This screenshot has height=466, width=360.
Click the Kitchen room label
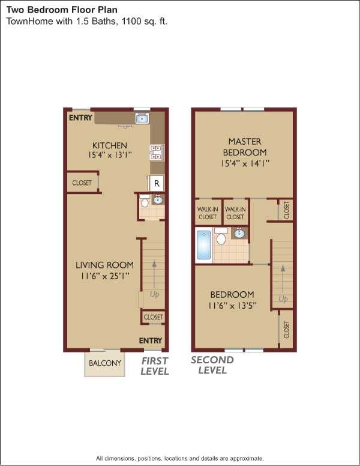tap(109, 145)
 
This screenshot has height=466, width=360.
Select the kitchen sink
tap(142, 118)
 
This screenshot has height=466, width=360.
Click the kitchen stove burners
tap(155, 153)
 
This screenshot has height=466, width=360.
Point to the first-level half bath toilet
tap(144, 203)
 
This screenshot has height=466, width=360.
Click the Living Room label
tap(104, 265)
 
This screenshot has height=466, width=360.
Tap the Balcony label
tap(105, 363)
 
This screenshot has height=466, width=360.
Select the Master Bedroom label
tap(245, 147)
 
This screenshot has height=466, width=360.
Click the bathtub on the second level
tap(203, 246)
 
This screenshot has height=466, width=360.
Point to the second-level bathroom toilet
tap(221, 238)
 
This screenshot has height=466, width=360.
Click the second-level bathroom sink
tap(239, 233)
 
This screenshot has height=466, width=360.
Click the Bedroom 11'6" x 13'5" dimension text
tap(232, 305)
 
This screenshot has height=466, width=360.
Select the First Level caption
tap(155, 366)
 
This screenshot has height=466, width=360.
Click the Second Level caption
tap(212, 365)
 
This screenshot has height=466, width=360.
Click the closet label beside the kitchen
tap(82, 183)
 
